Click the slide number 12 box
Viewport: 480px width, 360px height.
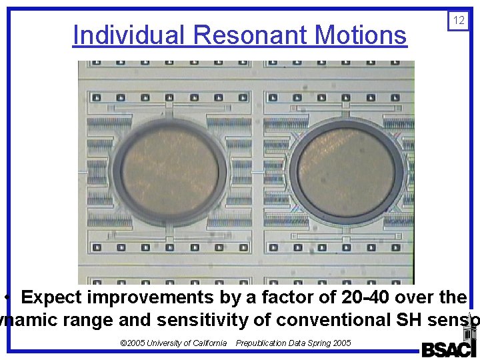[x=459, y=21]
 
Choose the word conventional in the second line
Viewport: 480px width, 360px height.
[x=311, y=320]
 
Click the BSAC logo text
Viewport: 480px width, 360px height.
[x=448, y=349]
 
